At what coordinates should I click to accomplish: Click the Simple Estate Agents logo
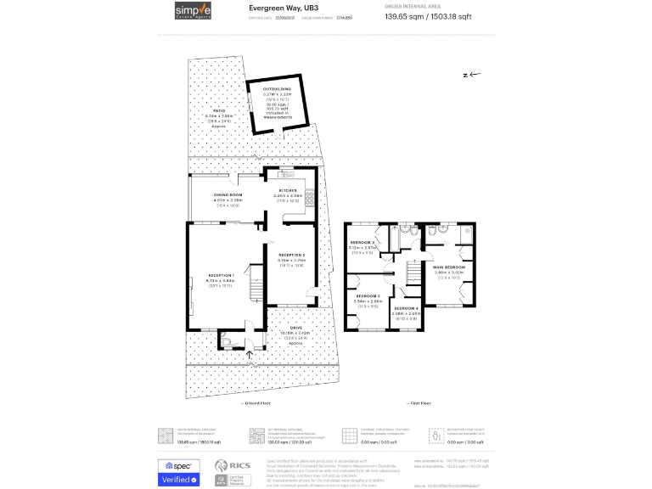194,10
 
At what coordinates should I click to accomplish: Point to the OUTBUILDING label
277,88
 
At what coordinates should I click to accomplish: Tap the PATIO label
219,111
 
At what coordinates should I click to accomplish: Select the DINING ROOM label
228,195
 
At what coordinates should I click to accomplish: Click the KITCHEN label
289,191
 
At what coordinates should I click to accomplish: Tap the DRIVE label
296,328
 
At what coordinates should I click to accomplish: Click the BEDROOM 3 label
363,243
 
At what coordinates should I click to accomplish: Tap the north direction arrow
473,75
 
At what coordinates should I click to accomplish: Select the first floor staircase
413,273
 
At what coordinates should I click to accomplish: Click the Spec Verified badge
179,472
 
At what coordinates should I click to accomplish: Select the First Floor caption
419,403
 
